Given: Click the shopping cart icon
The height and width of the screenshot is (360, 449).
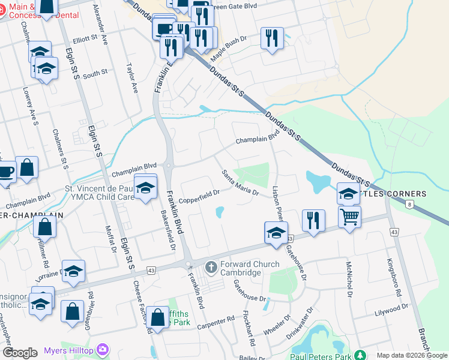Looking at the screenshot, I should [x=349, y=217].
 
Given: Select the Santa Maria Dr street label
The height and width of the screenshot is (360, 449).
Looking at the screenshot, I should [x=240, y=183].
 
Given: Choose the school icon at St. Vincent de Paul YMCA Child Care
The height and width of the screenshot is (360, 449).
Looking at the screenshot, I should [x=145, y=188].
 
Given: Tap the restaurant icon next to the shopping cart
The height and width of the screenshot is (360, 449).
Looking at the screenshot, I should [x=313, y=220].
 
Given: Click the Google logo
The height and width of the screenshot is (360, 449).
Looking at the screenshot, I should [x=20, y=353].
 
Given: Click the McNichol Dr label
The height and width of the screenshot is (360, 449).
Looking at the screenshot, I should [x=348, y=278].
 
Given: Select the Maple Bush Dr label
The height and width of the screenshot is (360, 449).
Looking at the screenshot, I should [x=228, y=46].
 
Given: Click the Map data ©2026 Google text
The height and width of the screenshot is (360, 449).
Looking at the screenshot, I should [x=412, y=356].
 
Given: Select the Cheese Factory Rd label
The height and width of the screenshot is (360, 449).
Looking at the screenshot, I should [x=140, y=307].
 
